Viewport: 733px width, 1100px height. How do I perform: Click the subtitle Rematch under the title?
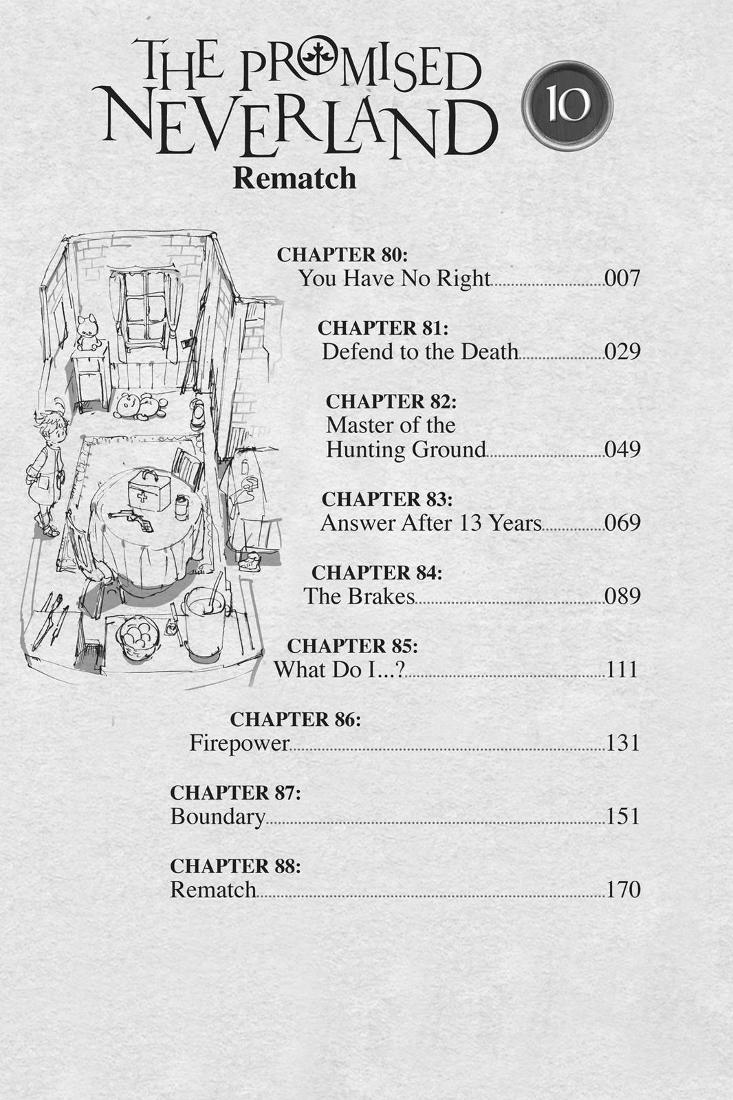[294, 179]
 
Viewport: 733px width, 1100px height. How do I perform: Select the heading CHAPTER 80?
[342, 255]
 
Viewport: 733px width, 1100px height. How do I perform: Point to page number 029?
[622, 352]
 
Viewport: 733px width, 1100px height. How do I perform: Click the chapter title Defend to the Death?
[419, 352]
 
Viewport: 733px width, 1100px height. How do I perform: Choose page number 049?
[622, 450]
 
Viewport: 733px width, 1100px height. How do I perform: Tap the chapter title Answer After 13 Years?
[431, 523]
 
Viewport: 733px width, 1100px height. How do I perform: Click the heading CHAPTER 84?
[376, 572]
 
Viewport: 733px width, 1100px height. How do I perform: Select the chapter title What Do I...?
[339, 670]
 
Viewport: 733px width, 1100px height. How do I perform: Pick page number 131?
[622, 743]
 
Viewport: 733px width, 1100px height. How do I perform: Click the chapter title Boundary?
[217, 817]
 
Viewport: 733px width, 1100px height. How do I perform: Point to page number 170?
[622, 890]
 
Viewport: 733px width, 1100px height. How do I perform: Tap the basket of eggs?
[140, 635]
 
